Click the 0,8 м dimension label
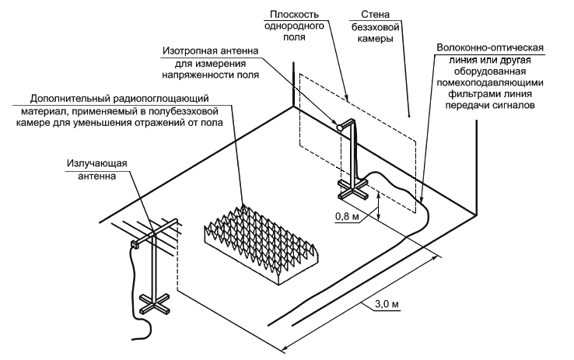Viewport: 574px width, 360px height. (346, 216)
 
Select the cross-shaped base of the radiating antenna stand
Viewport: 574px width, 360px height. (152, 303)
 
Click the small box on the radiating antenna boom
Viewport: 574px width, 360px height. (135, 244)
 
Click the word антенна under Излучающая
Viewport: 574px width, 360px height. (96, 176)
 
